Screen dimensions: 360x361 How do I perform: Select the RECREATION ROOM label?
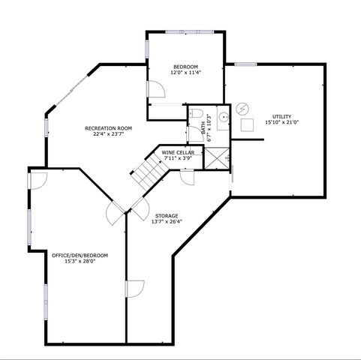[108, 128]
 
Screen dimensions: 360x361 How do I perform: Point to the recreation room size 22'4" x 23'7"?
[108, 135]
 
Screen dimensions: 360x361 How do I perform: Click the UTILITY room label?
[281, 116]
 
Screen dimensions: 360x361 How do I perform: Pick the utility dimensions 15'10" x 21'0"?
[281, 123]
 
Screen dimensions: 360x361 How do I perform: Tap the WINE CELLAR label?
[178, 152]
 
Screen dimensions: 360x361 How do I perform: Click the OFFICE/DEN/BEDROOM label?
[80, 256]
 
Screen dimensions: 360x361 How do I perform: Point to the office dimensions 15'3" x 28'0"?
[80, 262]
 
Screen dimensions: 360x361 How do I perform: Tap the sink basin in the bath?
[223, 118]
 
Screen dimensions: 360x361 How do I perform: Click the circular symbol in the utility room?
[242, 109]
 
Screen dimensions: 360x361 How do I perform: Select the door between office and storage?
[134, 289]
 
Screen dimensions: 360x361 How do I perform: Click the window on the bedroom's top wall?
[185, 31]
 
